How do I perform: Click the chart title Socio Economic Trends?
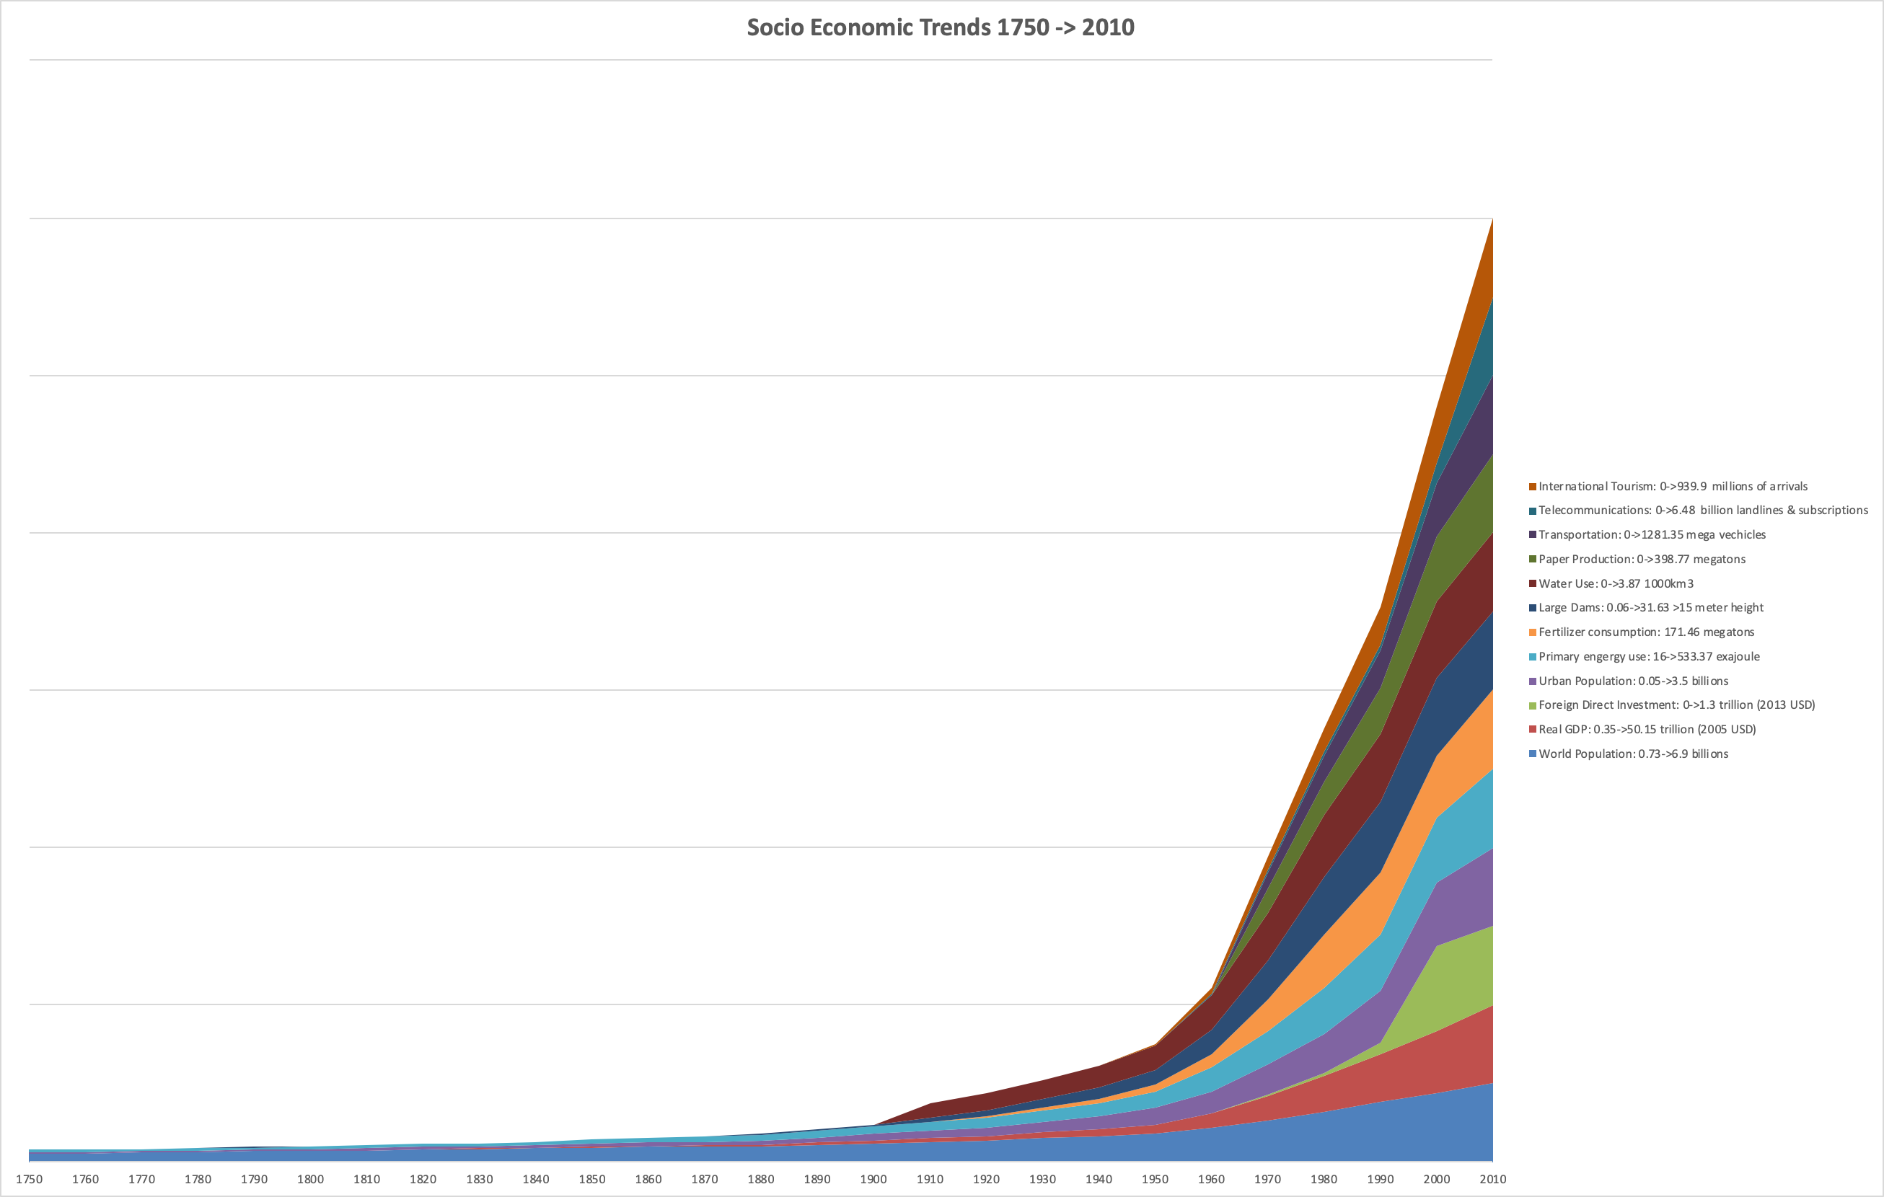click(x=941, y=27)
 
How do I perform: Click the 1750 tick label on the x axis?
click(x=29, y=1179)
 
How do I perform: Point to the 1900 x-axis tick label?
click(x=873, y=1179)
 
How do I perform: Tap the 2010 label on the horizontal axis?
click(x=1492, y=1179)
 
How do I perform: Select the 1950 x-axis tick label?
click(x=1155, y=1179)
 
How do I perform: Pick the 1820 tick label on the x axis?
click(x=423, y=1179)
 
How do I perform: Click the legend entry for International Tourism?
click(x=1672, y=487)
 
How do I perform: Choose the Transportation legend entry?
click(x=1652, y=535)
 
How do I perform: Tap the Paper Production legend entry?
click(x=1642, y=560)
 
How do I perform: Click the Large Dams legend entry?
click(x=1650, y=608)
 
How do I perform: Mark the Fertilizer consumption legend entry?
click(x=1645, y=632)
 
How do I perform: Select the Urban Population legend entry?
click(x=1633, y=681)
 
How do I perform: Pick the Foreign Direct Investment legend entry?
click(x=1676, y=705)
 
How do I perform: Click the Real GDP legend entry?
click(x=1646, y=729)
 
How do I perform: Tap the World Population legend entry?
click(x=1633, y=754)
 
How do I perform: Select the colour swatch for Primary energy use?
click(x=1533, y=657)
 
